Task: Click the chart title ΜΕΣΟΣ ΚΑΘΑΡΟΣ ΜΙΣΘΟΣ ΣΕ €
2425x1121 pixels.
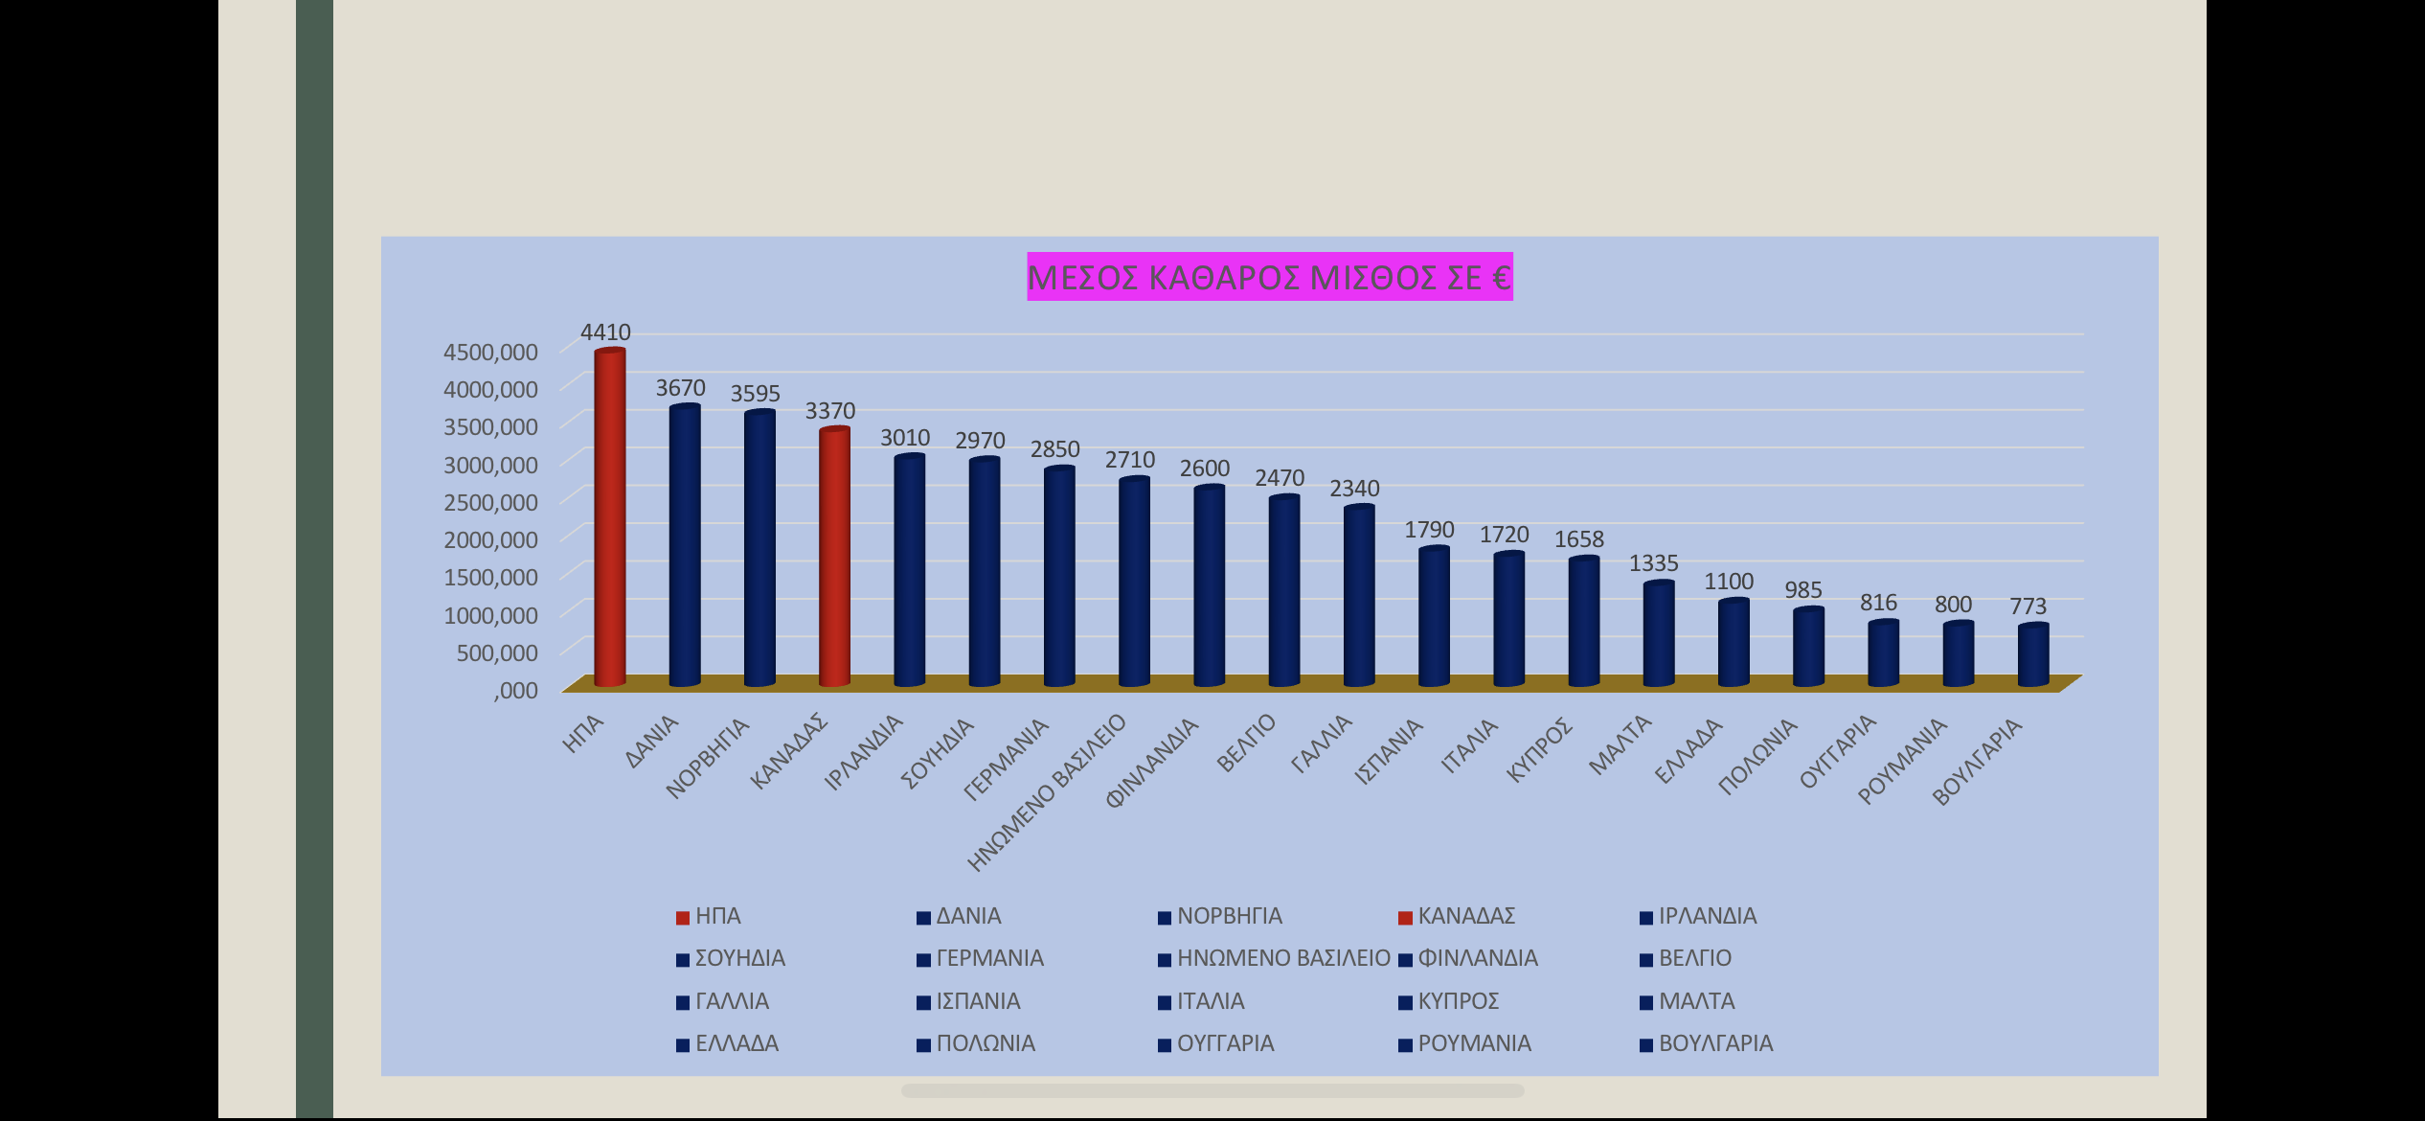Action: [x=1269, y=277]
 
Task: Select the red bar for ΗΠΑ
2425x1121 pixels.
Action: [x=610, y=517]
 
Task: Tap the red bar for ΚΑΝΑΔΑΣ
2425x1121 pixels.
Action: [x=834, y=556]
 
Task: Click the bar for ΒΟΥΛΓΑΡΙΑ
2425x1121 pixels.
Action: [x=2032, y=655]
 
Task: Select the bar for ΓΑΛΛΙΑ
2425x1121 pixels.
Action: [x=1358, y=595]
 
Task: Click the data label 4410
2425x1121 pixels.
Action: [x=605, y=332]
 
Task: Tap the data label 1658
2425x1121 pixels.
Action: [x=1578, y=539]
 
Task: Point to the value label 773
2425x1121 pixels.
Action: [x=2028, y=606]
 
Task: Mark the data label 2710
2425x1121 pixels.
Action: [x=1130, y=460]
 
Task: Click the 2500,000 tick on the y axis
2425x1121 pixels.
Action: [x=490, y=502]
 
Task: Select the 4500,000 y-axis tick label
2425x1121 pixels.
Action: [x=490, y=352]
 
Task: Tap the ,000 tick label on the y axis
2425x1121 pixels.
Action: [x=515, y=690]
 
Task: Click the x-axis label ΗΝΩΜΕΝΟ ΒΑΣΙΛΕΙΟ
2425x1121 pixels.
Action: [x=1047, y=793]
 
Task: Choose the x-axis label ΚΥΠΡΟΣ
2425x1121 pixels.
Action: [x=1540, y=749]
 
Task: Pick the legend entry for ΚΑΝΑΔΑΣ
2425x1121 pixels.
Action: [x=1465, y=916]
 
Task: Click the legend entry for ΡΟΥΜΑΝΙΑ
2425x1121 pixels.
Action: [x=1473, y=1043]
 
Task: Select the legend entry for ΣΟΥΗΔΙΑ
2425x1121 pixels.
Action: [x=739, y=958]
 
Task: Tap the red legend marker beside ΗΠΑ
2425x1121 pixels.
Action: [x=683, y=918]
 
